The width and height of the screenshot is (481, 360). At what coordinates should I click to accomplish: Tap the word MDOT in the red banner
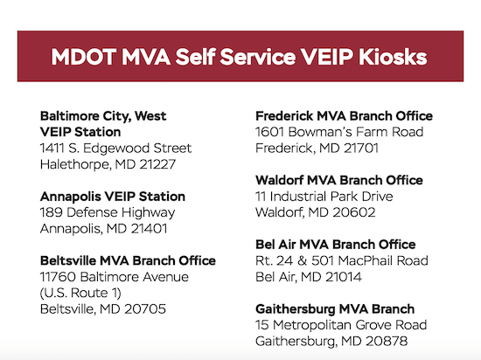83,57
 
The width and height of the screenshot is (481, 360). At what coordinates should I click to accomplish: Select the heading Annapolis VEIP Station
113,197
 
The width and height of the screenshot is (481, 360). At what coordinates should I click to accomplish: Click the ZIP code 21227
157,164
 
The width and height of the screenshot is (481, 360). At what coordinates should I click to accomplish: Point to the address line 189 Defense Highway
108,212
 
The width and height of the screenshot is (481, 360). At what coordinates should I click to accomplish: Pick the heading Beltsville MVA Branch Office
128,260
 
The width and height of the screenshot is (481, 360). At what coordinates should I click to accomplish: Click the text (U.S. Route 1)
80,293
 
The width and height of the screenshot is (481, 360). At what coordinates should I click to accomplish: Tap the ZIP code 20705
145,308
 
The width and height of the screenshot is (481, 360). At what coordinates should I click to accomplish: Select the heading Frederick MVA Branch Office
345,116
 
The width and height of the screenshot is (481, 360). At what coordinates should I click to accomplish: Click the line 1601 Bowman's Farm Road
339,132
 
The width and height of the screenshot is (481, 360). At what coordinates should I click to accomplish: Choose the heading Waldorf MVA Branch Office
339,180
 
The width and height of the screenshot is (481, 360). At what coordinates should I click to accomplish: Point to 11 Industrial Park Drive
324,197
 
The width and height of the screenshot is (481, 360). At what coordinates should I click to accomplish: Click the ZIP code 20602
354,212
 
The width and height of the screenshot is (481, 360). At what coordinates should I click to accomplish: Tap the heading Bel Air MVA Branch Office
336,245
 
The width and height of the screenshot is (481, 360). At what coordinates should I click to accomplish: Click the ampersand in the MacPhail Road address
302,260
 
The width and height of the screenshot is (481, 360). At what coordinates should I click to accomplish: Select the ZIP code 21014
344,277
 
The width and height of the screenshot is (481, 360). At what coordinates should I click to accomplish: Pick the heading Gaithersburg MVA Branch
335,309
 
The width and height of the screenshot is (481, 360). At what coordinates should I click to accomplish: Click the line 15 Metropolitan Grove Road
341,325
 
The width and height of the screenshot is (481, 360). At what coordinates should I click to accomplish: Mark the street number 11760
58,277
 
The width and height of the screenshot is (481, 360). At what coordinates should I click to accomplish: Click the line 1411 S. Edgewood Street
116,149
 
